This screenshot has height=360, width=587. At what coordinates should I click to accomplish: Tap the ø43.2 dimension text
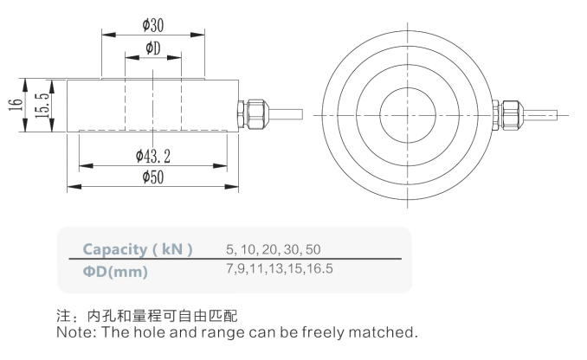153,156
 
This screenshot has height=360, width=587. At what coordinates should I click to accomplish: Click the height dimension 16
15,106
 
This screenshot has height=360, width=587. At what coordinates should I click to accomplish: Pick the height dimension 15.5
40,106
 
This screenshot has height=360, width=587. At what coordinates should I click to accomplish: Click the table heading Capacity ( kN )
138,249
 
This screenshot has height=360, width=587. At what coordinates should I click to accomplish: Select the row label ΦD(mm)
115,272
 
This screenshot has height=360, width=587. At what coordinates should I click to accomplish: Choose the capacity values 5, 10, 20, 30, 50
273,249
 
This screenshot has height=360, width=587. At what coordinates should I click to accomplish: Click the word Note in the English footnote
72,331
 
